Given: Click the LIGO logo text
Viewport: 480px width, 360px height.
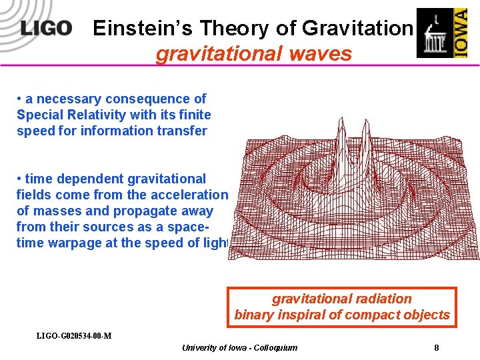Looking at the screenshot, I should [x=45, y=28].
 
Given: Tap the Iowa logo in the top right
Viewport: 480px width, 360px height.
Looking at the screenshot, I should [x=441, y=33].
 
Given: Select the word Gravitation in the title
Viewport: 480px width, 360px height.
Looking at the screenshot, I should [x=357, y=28].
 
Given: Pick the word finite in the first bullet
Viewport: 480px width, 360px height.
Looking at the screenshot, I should [x=193, y=115].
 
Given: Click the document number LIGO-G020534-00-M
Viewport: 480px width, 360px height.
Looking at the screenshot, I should [x=73, y=335].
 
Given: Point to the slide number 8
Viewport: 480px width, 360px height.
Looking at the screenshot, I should [x=436, y=347].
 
